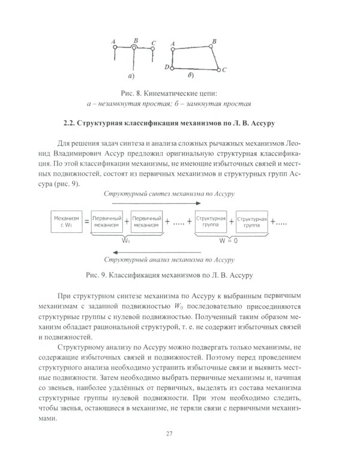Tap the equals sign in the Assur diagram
[86, 222]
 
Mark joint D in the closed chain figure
[172, 68]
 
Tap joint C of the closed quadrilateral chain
[220, 70]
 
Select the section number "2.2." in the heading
[71, 124]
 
